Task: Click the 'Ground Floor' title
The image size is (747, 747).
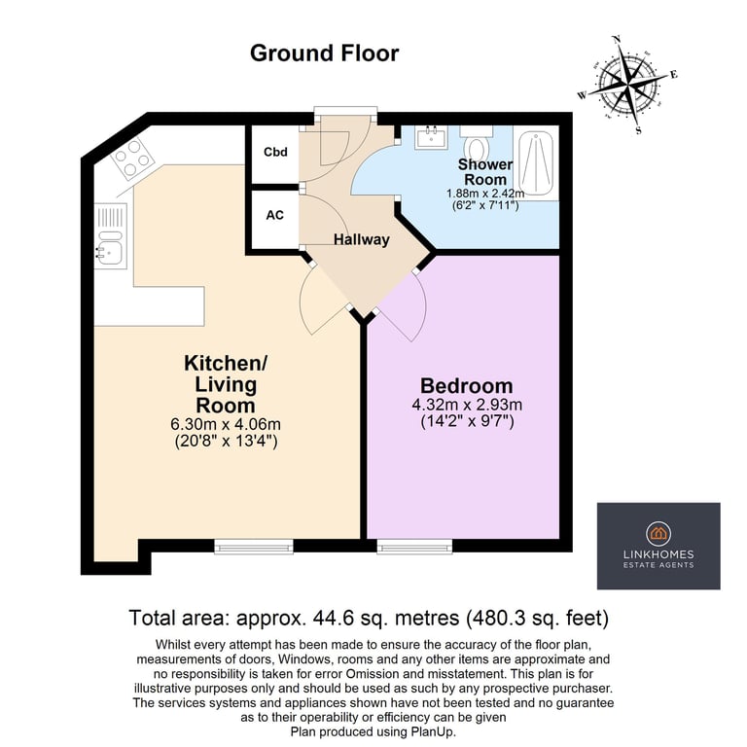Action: (324, 53)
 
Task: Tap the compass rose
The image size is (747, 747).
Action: (628, 84)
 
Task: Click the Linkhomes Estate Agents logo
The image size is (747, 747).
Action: (658, 545)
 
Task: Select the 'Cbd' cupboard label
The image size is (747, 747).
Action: (275, 153)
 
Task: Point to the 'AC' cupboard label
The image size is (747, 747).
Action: (275, 214)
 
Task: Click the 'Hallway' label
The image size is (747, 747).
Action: (361, 239)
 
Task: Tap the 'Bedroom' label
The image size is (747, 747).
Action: (466, 384)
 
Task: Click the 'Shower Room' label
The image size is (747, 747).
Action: (484, 172)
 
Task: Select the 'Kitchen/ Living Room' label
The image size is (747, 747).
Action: (226, 384)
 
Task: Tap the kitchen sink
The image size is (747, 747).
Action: (110, 248)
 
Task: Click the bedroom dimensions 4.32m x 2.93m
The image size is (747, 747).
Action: (466, 405)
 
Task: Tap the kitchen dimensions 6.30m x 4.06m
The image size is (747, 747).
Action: (226, 425)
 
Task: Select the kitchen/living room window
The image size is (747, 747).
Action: (253, 548)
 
